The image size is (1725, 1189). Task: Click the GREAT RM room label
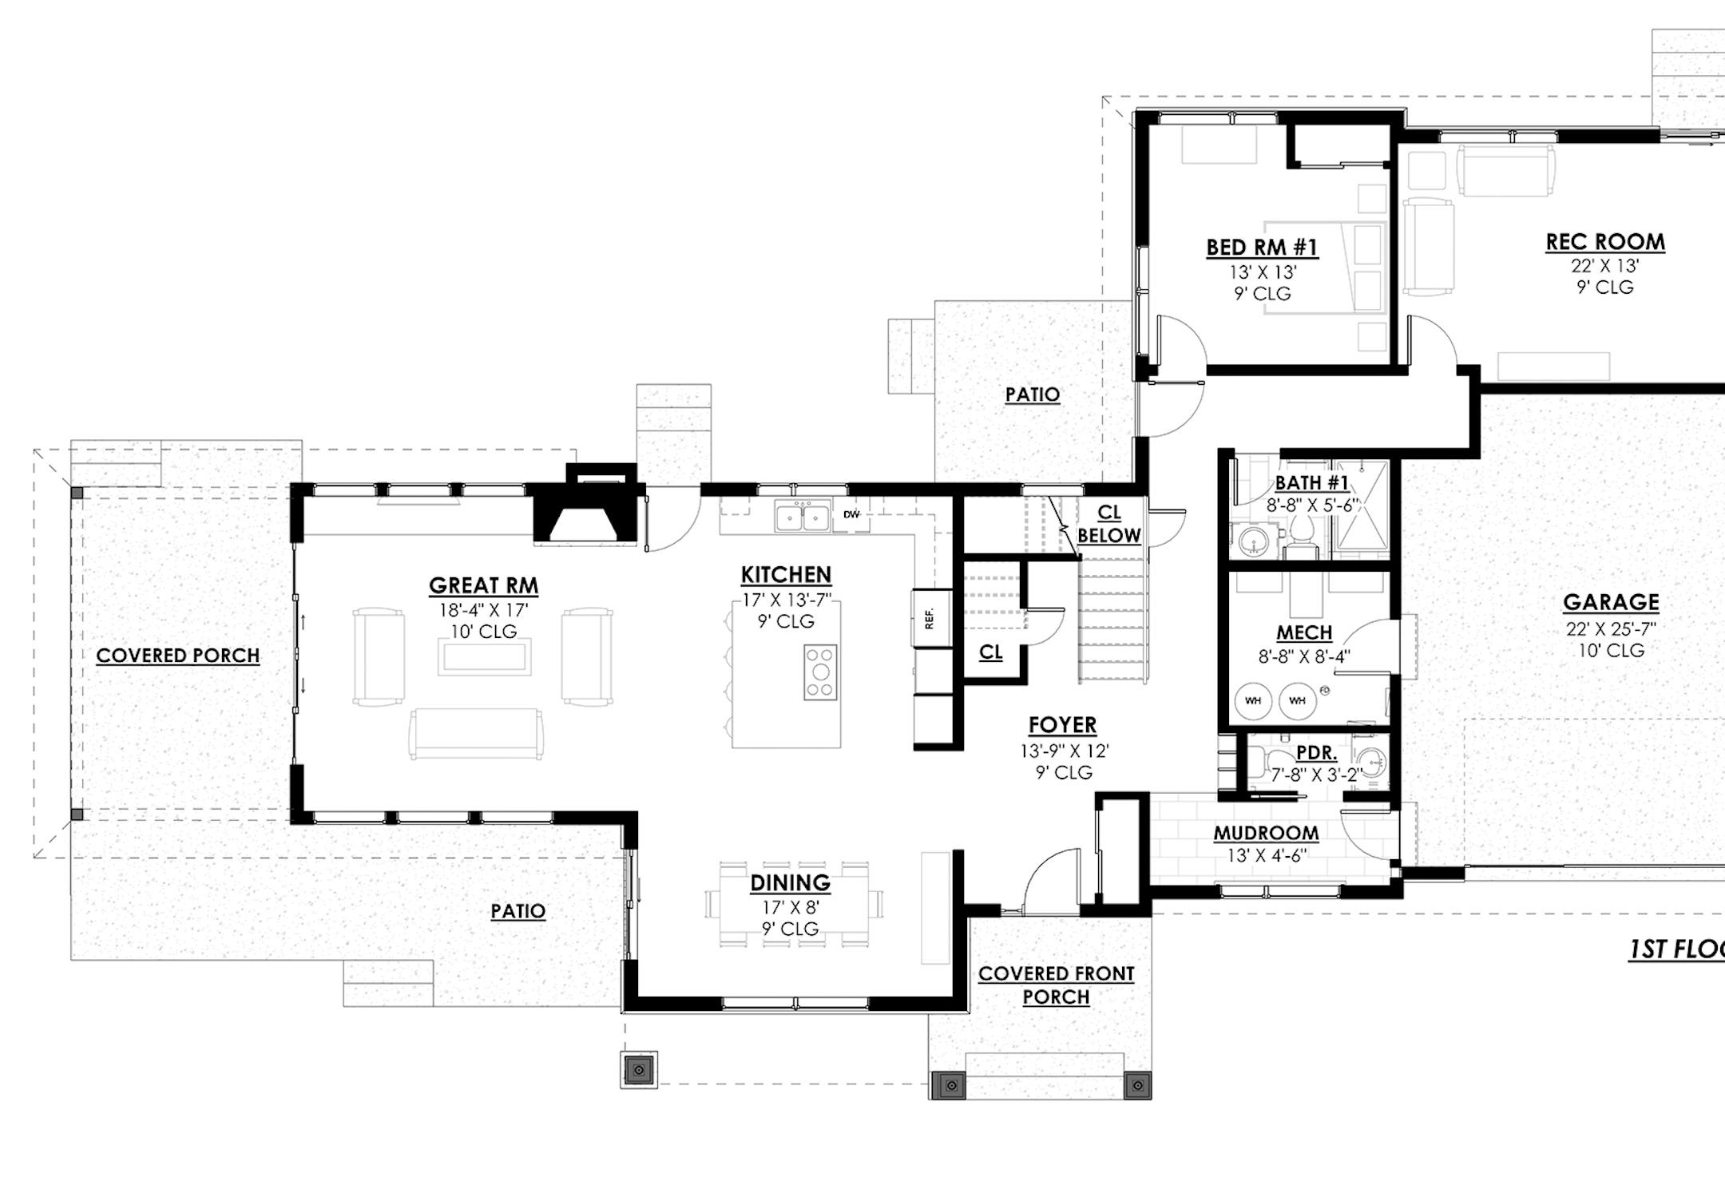click(x=483, y=585)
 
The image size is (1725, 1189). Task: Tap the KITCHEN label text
click(x=786, y=574)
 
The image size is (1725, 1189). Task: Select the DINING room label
click(x=790, y=882)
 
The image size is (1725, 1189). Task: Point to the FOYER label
click(x=1062, y=725)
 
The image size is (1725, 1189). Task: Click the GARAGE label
click(x=1611, y=602)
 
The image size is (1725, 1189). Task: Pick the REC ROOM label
click(x=1605, y=242)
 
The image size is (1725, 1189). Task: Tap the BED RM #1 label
click(x=1262, y=248)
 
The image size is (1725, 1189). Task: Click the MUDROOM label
click(x=1266, y=833)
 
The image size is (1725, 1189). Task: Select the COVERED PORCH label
click(x=178, y=656)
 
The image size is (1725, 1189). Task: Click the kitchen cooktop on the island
click(x=820, y=672)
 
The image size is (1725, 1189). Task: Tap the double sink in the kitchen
click(x=803, y=516)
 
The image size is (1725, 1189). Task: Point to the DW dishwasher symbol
click(x=852, y=514)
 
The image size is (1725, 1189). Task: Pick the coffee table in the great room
click(x=484, y=657)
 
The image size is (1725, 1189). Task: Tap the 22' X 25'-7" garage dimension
click(x=1611, y=629)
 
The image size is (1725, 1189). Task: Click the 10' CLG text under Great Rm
click(x=483, y=632)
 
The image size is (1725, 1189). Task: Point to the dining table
click(x=793, y=904)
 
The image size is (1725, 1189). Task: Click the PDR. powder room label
click(x=1316, y=753)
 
